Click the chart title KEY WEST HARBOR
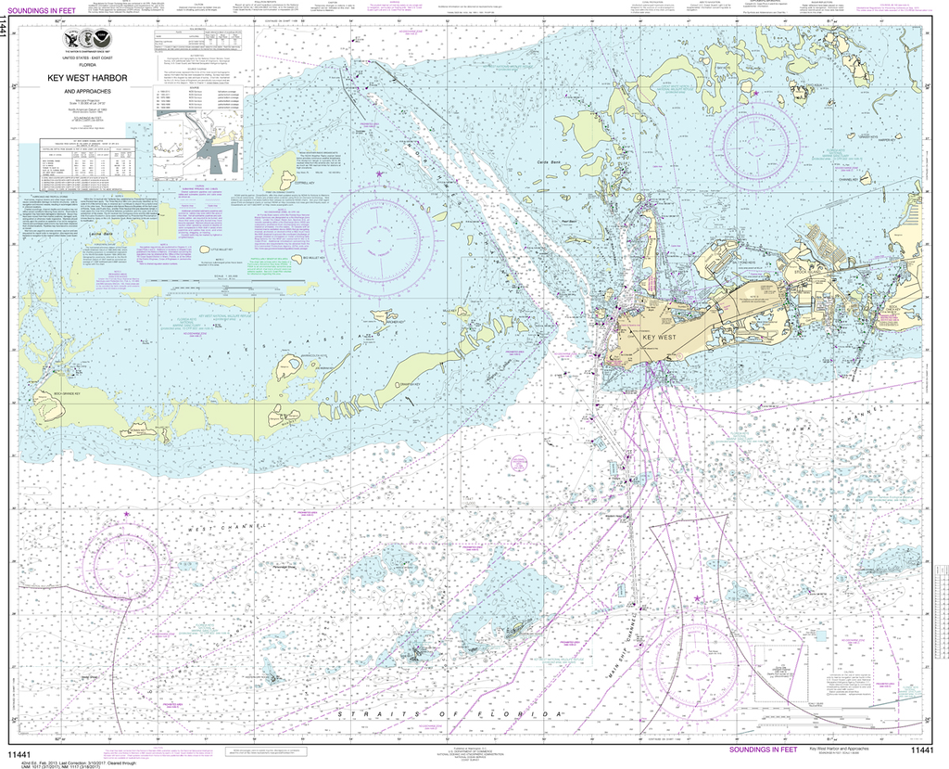(87, 78)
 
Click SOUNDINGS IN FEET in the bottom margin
(763, 749)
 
